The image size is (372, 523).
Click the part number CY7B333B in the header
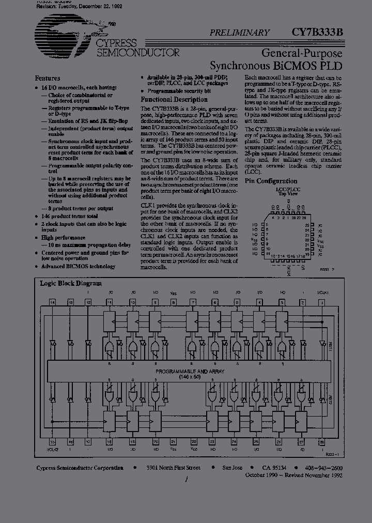pos(314,32)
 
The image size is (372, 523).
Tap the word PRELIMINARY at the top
pos(239,33)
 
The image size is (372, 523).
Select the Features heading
pos(48,78)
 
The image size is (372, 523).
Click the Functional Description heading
pos(174,99)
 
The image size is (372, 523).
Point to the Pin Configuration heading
pos(271,181)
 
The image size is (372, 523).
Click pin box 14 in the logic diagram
pos(53,302)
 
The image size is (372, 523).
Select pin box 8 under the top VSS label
pos(174,302)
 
